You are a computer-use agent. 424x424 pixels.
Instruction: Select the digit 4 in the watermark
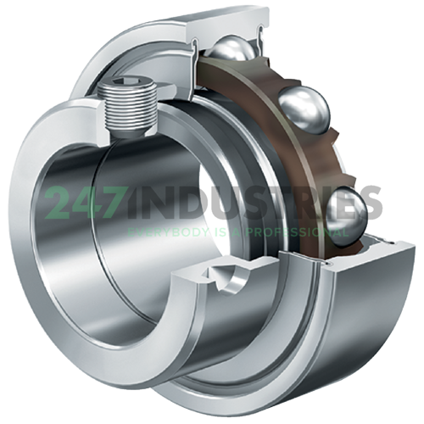tap(88, 204)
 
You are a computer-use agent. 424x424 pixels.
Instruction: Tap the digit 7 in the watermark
tap(115, 204)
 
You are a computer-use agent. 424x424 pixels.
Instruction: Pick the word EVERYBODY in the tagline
tap(165, 231)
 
